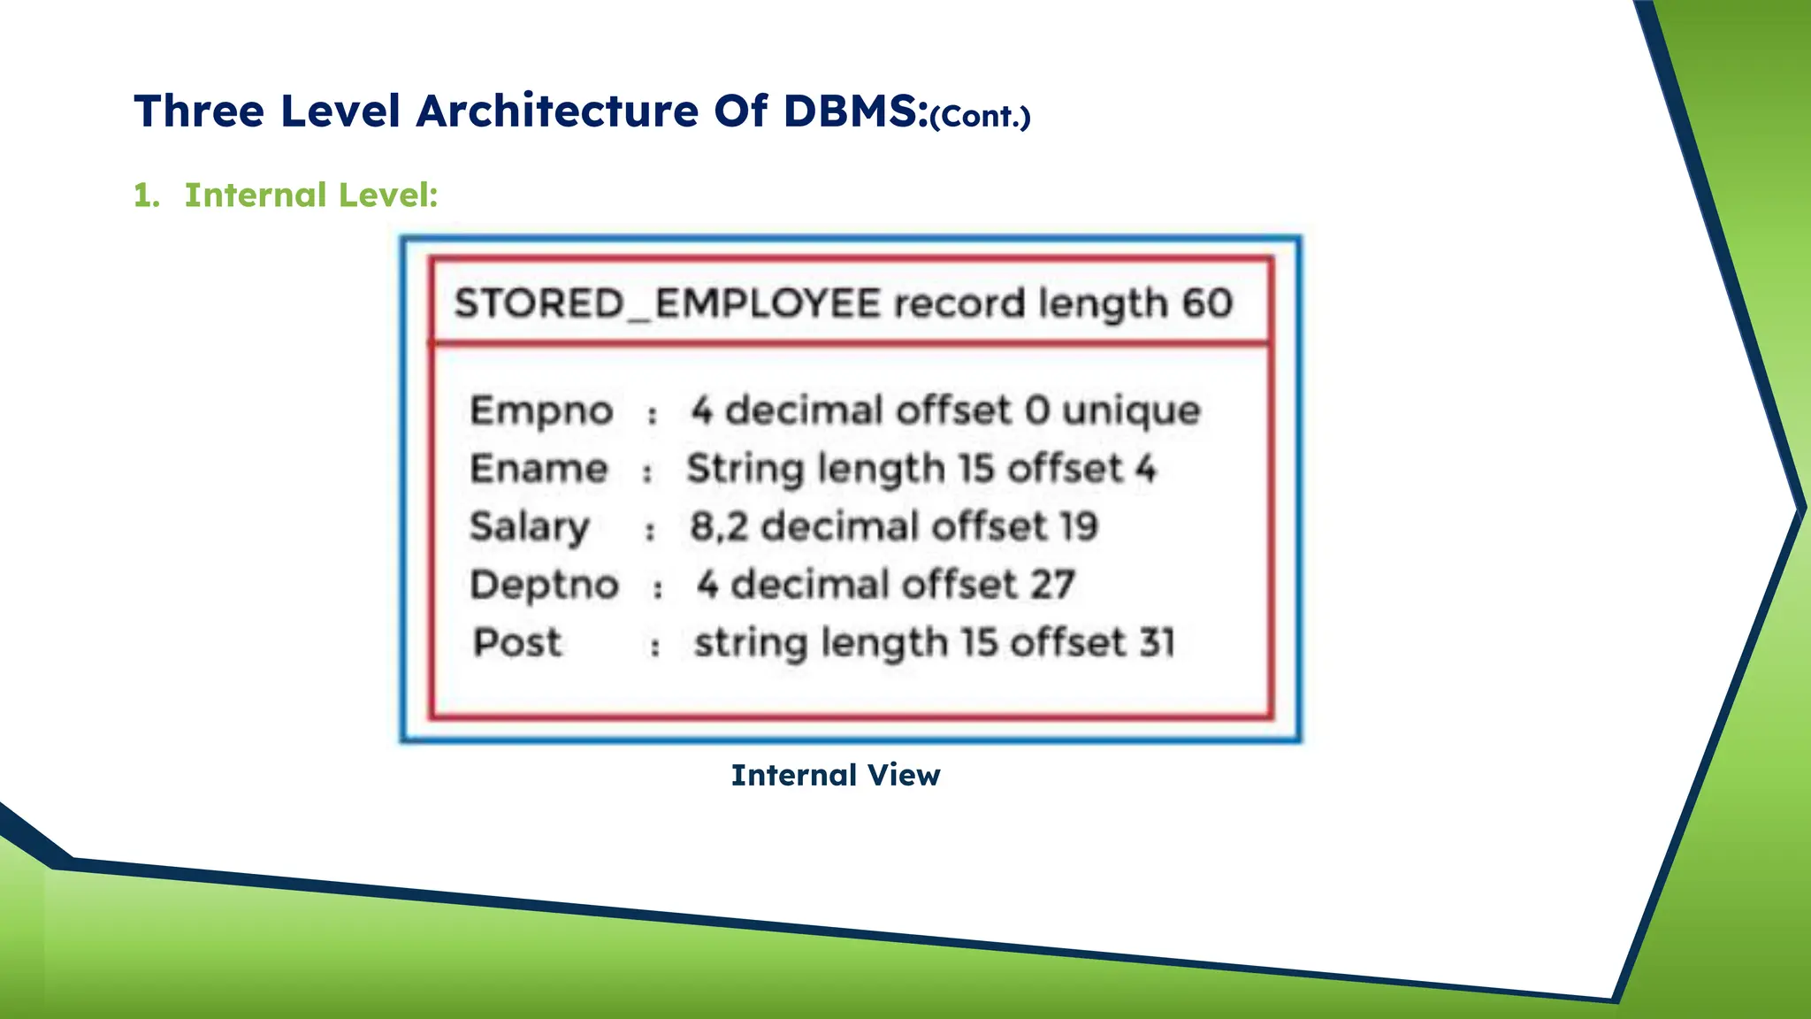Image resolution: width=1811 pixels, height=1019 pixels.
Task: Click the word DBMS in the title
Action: (x=855, y=111)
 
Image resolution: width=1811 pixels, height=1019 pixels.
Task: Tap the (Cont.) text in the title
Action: (x=981, y=117)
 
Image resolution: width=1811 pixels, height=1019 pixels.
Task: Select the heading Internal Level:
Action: (x=310, y=195)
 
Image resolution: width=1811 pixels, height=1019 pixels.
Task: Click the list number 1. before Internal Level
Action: (x=146, y=195)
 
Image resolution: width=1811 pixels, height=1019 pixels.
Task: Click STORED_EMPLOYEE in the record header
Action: (x=668, y=303)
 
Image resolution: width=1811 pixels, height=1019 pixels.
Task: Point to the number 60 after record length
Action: (x=1207, y=303)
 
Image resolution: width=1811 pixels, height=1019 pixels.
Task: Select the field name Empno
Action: (x=541, y=410)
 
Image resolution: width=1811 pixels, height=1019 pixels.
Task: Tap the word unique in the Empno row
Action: (x=1131, y=410)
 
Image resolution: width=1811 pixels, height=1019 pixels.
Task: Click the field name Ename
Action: (x=539, y=469)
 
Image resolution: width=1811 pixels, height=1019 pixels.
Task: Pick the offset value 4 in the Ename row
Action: (x=1146, y=469)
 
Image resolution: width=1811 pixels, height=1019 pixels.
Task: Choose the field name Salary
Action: (x=529, y=527)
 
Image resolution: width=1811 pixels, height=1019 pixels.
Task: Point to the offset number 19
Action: (x=1078, y=527)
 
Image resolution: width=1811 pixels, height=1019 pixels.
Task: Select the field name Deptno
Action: (x=544, y=585)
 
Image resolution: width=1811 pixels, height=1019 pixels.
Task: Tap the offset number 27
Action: (x=1051, y=585)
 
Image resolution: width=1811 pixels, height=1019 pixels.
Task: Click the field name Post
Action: (x=516, y=643)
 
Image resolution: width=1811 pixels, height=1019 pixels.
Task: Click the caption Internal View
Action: (x=836, y=775)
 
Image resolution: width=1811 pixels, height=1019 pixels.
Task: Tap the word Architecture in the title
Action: (x=558, y=111)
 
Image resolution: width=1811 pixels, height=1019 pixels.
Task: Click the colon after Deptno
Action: (x=657, y=588)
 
